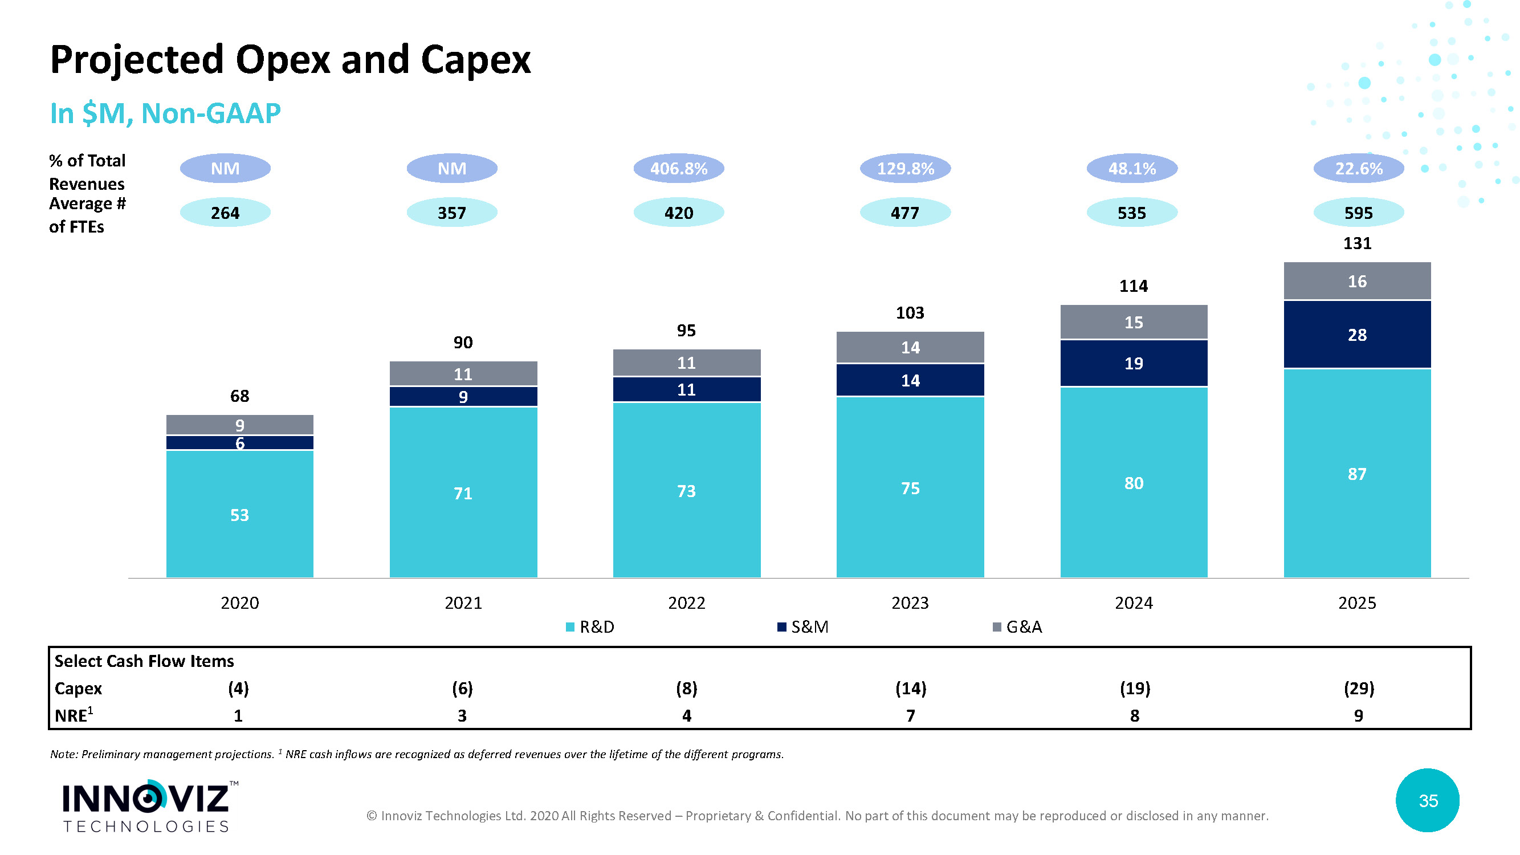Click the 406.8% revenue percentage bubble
click(679, 169)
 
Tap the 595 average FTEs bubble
click(1358, 213)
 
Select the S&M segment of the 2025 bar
click(1357, 335)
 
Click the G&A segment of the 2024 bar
click(1134, 322)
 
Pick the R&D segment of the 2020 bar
click(239, 515)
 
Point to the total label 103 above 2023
click(910, 313)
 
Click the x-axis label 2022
click(686, 602)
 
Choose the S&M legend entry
click(803, 626)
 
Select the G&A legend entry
click(1018, 626)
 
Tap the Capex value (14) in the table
click(911, 688)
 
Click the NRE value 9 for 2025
click(1358, 715)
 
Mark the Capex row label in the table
click(79, 688)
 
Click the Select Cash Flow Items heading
click(144, 661)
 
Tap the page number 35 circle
click(1427, 800)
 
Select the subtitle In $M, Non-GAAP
click(165, 113)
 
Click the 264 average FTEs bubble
click(225, 213)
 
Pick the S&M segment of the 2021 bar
click(463, 397)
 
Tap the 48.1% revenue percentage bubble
click(1132, 169)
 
